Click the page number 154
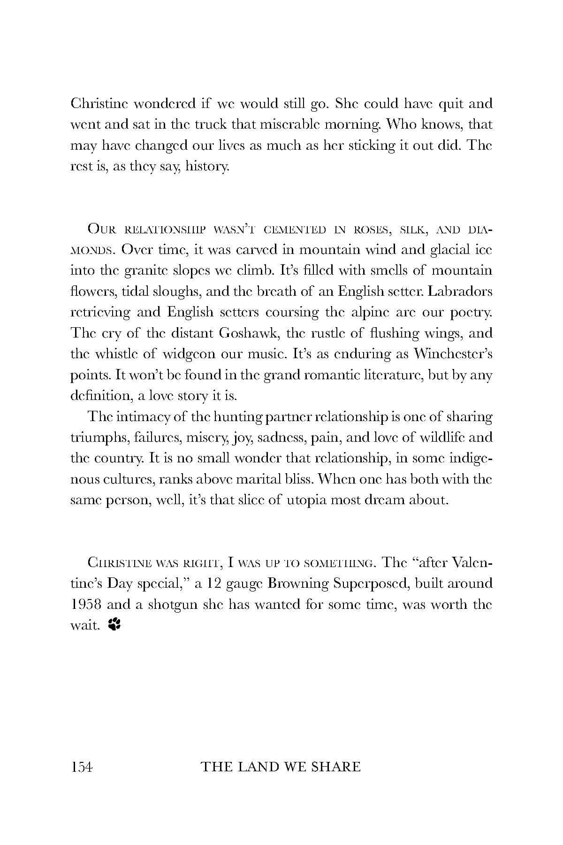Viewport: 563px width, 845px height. coord(82,767)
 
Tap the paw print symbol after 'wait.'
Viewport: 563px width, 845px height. coord(114,624)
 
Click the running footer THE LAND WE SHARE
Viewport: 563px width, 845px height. coord(281,767)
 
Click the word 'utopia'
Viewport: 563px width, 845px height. coord(304,500)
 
